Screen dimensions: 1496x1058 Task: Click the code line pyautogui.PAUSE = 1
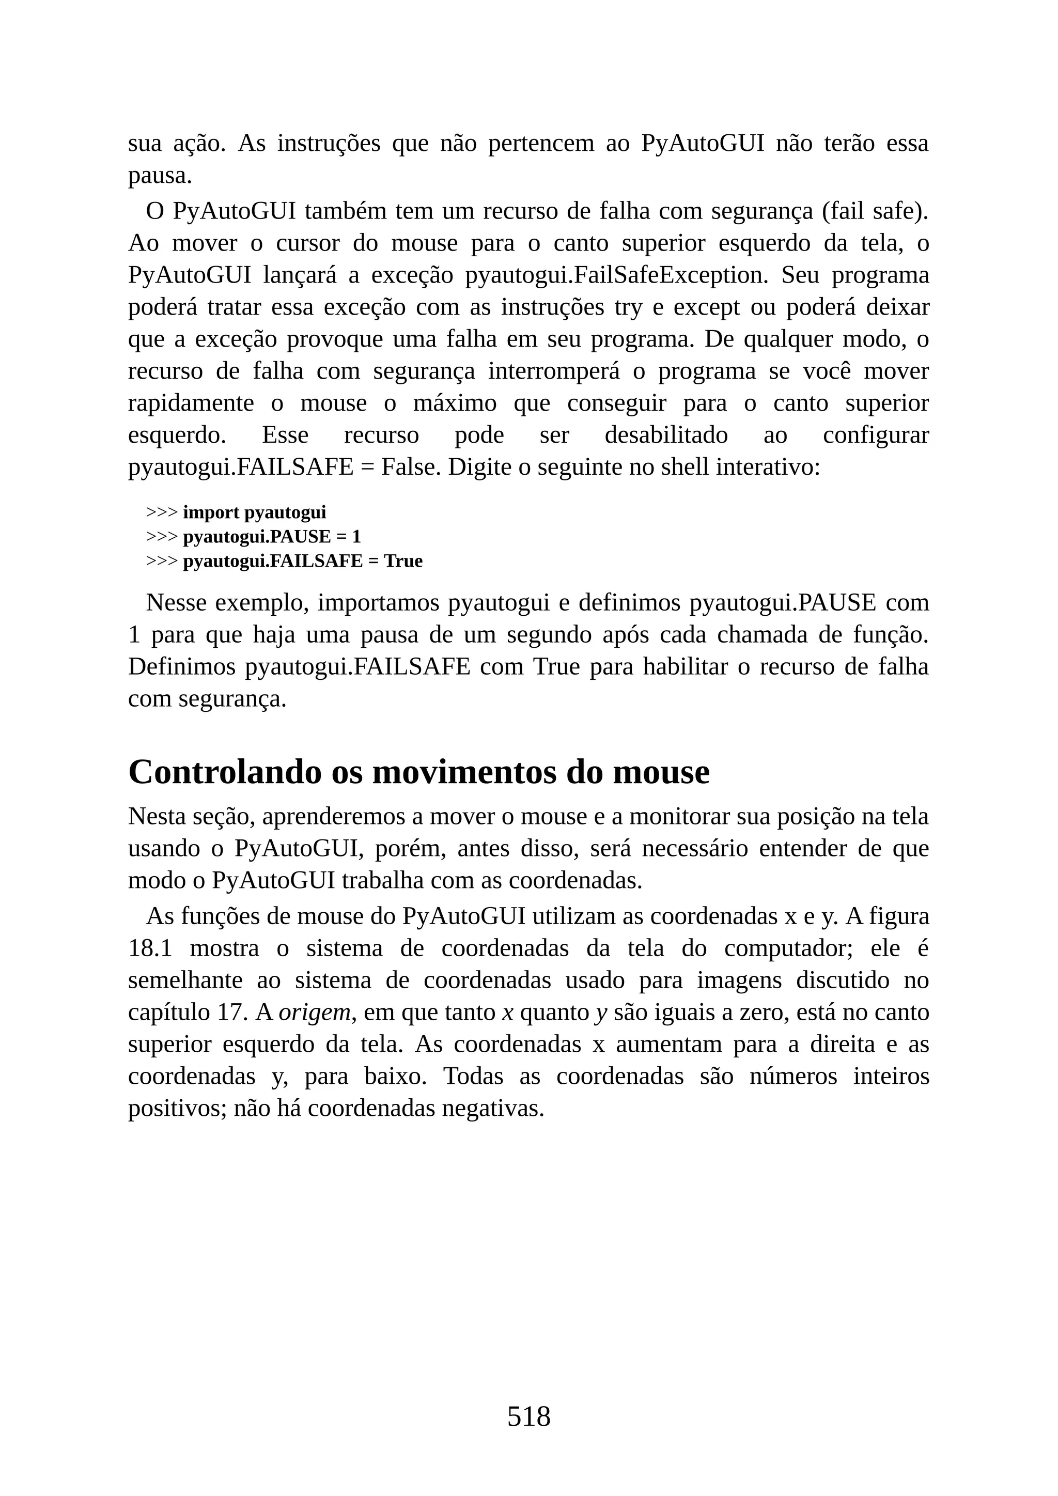(x=272, y=536)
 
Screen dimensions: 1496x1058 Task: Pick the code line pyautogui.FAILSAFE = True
(x=302, y=560)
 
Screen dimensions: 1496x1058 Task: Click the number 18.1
(x=150, y=948)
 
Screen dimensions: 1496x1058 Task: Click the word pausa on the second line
(x=160, y=175)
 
